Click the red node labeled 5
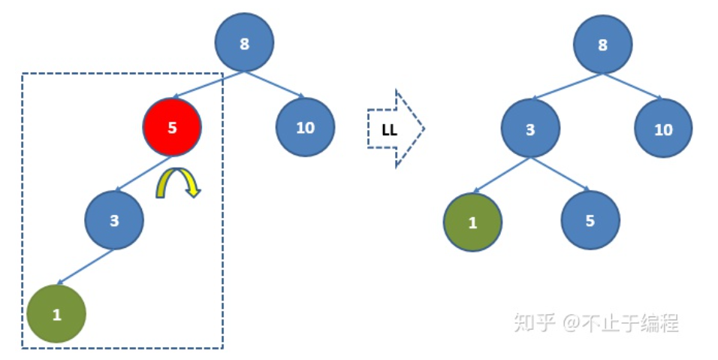click(x=172, y=127)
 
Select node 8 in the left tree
click(x=244, y=44)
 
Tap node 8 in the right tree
click(x=602, y=44)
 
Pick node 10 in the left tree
click(x=305, y=127)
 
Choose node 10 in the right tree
click(x=663, y=129)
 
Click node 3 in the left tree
click(x=114, y=220)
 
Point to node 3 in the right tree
click(x=530, y=129)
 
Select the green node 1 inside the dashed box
click(x=56, y=314)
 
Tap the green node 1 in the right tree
click(x=472, y=222)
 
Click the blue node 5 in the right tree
click(x=590, y=221)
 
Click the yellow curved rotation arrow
click(x=179, y=183)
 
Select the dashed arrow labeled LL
click(x=395, y=129)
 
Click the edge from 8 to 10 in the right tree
click(x=632, y=86)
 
